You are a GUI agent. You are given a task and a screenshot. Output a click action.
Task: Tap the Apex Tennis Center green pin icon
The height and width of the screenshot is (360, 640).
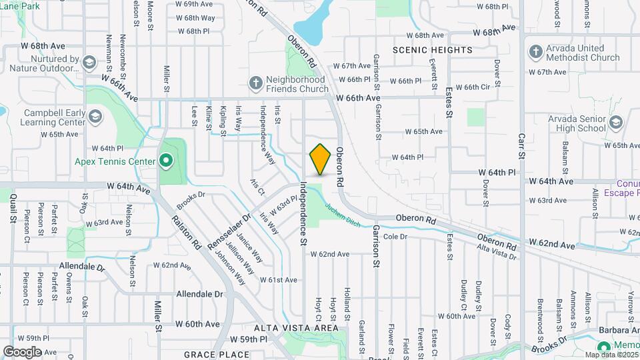pyautogui.click(x=165, y=161)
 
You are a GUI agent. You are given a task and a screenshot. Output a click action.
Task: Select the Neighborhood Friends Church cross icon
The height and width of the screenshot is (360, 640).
pyautogui.click(x=255, y=83)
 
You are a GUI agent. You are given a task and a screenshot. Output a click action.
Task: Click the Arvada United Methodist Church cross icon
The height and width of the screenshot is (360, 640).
pyautogui.click(x=535, y=52)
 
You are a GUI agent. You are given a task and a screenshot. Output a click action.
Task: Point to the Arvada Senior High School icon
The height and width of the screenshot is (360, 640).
pyautogui.click(x=615, y=123)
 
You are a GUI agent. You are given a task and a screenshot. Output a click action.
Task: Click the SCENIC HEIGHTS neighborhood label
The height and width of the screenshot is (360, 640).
pyautogui.click(x=432, y=50)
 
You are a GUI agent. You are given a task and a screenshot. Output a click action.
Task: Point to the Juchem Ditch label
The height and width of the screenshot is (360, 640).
pyautogui.click(x=343, y=215)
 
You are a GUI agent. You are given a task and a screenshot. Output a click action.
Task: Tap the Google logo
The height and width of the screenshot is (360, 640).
pyautogui.click(x=22, y=351)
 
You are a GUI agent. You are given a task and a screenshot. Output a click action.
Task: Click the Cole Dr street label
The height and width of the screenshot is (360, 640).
pyautogui.click(x=395, y=237)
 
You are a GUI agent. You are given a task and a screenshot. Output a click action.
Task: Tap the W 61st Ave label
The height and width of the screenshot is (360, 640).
pyautogui.click(x=278, y=280)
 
